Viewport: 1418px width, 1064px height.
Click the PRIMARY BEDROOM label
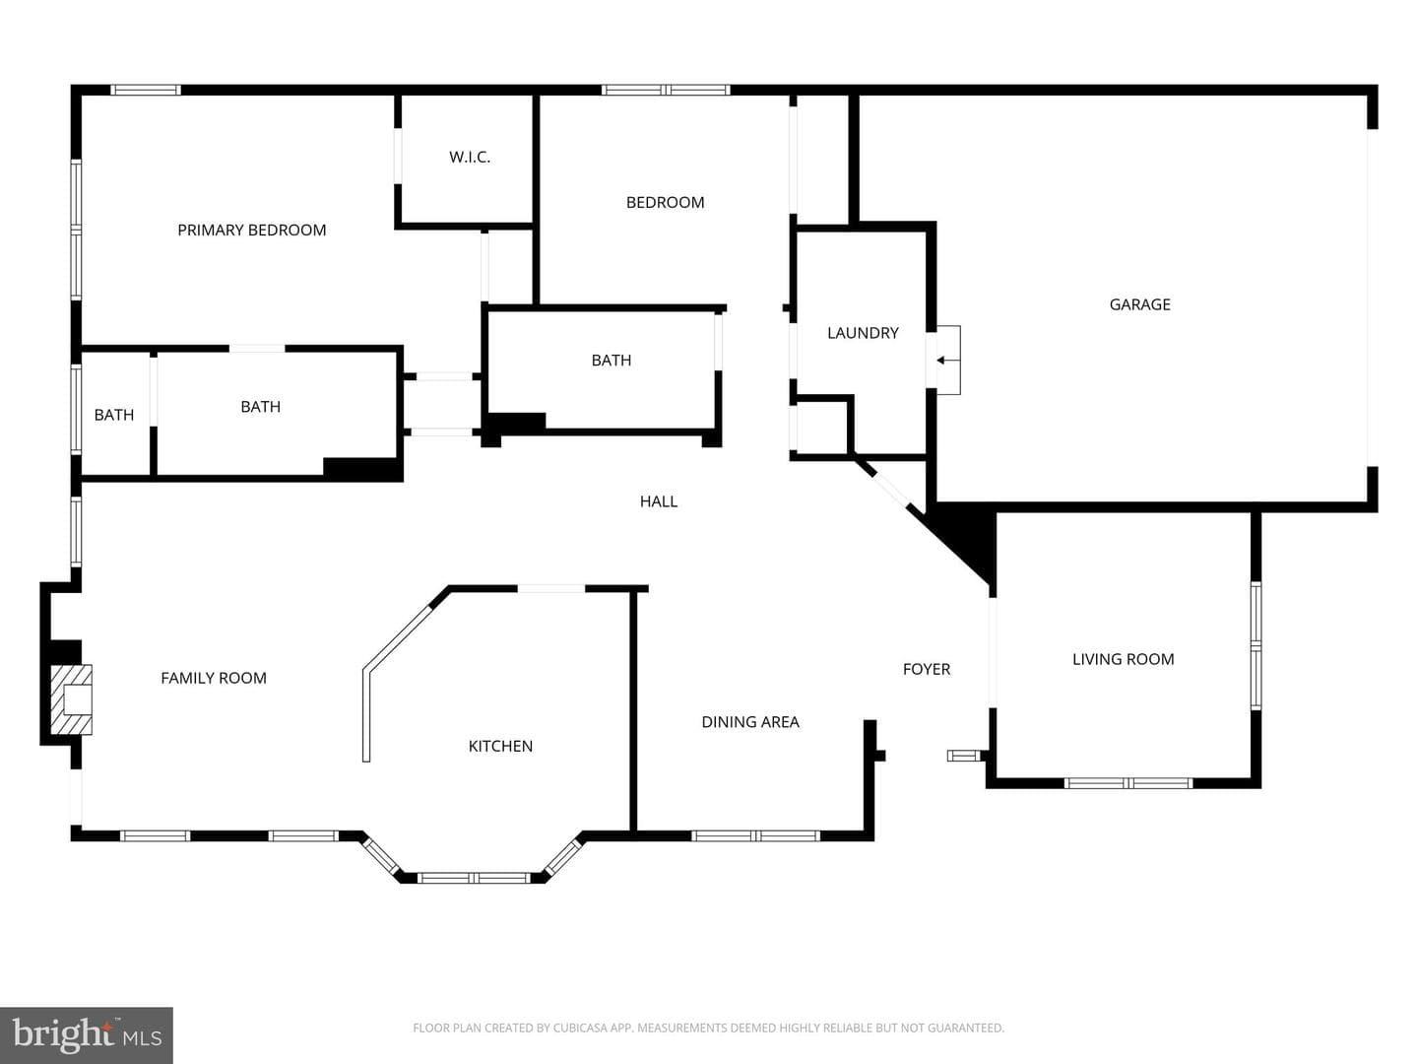tap(251, 230)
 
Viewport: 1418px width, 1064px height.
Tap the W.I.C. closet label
tap(470, 157)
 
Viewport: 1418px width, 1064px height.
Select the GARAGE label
tap(1139, 304)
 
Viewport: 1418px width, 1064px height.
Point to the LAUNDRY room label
tap(863, 333)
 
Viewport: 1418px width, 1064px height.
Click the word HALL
tap(659, 501)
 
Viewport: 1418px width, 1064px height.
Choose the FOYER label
tap(927, 669)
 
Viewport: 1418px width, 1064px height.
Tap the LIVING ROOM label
tap(1124, 660)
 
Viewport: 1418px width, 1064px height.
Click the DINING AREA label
tap(750, 721)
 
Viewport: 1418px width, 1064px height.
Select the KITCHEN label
tap(500, 746)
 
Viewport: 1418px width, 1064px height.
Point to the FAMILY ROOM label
tap(213, 678)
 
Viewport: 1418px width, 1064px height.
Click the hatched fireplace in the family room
tap(71, 699)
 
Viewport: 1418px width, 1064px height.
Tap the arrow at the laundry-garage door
tap(947, 360)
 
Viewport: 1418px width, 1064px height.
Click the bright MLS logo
tap(87, 1034)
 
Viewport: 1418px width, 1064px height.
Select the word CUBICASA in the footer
tap(579, 1028)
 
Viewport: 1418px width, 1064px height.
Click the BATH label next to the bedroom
tap(612, 361)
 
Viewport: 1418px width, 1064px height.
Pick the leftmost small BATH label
tap(113, 415)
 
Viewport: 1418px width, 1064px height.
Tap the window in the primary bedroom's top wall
tap(146, 90)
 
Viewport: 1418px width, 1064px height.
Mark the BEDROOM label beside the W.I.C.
tap(665, 202)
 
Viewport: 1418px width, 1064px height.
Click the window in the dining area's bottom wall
tap(756, 835)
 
